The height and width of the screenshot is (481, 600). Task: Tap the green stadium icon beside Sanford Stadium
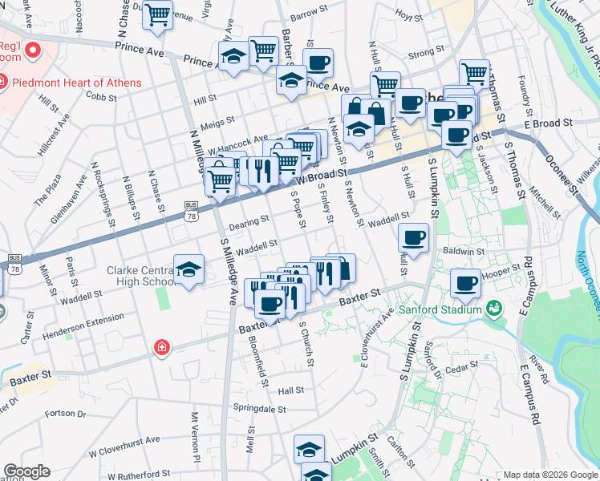[x=493, y=308]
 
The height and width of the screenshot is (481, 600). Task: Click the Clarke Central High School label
[x=141, y=276]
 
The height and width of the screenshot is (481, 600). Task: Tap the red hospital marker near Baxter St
[x=161, y=347]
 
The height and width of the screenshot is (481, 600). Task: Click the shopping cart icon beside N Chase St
[x=158, y=14]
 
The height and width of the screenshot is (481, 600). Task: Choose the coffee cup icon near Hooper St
[x=466, y=283]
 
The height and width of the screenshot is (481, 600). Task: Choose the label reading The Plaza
[x=47, y=189]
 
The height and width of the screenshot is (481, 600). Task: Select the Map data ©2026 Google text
[x=550, y=474]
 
